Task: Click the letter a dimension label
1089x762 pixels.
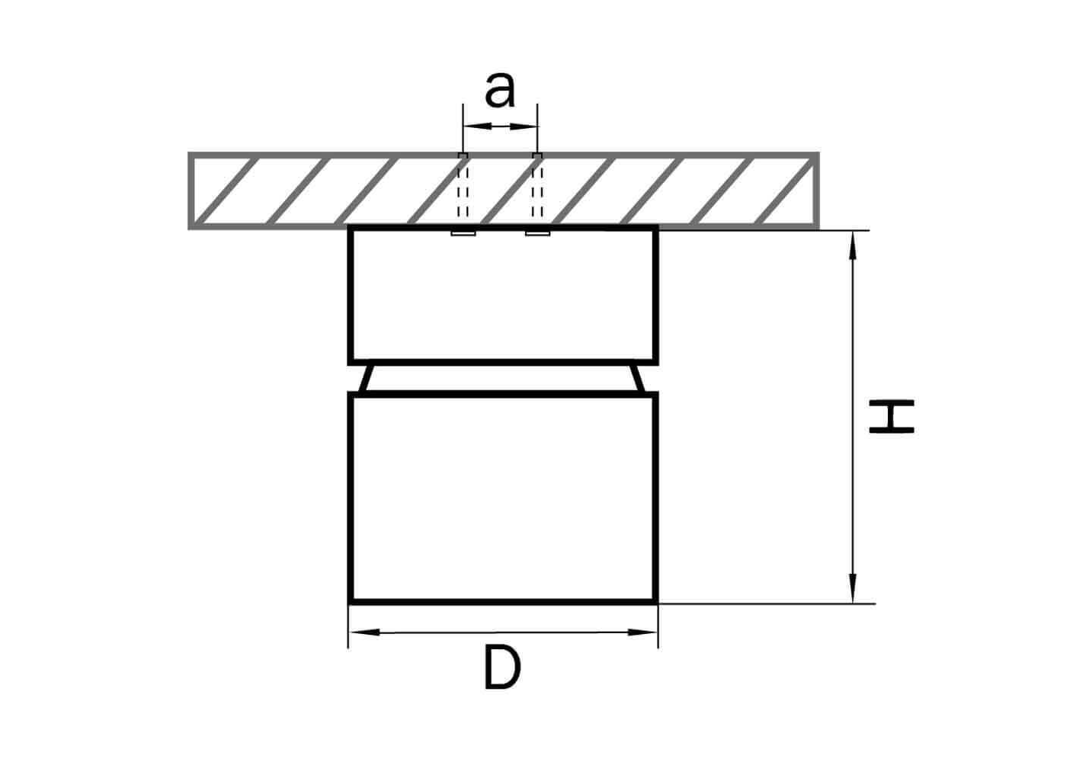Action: coord(499,91)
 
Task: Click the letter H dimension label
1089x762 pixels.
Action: coord(892,417)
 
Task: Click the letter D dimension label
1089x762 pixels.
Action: coord(502,668)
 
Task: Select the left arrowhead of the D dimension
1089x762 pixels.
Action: coord(364,632)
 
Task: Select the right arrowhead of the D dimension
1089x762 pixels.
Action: coord(642,632)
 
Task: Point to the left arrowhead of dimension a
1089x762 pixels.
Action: coord(478,126)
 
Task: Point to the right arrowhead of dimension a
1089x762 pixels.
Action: coord(523,126)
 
